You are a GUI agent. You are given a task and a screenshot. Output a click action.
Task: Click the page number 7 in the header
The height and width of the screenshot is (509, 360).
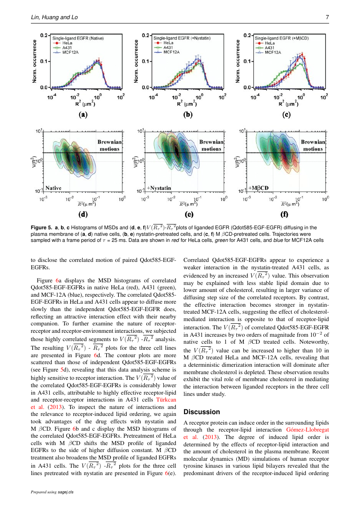click(327, 17)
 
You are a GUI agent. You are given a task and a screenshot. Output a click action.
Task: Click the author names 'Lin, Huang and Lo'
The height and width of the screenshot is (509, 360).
click(54, 17)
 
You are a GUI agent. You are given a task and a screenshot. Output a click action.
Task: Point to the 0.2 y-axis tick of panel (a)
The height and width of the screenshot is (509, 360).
click(44, 35)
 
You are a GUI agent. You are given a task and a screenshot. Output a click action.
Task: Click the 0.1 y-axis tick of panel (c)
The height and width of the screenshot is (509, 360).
click(247, 61)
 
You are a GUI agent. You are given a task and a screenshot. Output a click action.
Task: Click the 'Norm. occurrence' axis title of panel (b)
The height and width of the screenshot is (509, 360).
click(136, 61)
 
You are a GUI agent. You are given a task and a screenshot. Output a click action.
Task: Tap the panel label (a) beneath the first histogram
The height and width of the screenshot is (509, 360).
click(83, 114)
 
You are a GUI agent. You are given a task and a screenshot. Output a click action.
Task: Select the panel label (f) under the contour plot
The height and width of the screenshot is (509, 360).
click(284, 214)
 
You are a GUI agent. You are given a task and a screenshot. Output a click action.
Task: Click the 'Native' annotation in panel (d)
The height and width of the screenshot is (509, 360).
click(53, 188)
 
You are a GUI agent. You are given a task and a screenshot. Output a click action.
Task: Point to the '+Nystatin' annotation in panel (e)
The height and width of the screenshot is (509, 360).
click(159, 188)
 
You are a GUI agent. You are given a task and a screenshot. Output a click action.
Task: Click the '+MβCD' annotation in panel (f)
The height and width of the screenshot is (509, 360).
click(259, 188)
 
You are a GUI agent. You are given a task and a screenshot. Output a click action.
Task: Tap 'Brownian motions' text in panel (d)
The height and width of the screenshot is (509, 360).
click(110, 145)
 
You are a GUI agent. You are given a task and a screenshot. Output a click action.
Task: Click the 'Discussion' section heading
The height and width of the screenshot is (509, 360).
click(202, 412)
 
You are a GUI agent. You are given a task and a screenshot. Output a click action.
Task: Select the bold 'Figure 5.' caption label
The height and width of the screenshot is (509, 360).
click(41, 228)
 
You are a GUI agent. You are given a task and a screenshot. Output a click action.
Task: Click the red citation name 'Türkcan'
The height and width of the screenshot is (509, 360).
click(166, 400)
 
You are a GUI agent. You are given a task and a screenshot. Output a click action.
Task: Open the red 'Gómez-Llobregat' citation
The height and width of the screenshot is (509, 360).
click(308, 430)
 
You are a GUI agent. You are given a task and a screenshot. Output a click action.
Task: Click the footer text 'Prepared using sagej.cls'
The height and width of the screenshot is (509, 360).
click(52, 492)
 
